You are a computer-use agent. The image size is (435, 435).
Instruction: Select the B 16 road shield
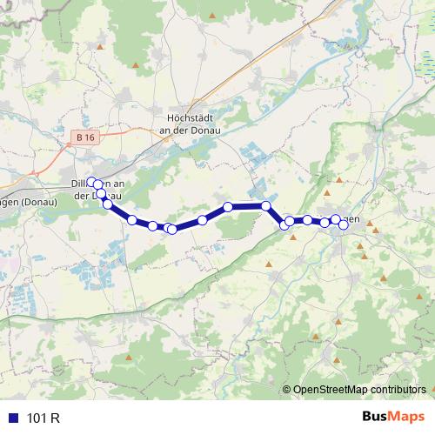pos(85,137)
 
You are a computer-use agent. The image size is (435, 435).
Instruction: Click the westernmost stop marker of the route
pos(90,182)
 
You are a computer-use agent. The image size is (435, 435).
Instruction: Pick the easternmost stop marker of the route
pos(344,224)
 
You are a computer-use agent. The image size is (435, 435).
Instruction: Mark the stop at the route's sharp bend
pos(266,205)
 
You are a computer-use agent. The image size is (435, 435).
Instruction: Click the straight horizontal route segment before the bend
pos(247,206)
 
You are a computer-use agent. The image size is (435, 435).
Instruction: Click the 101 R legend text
pos(43,418)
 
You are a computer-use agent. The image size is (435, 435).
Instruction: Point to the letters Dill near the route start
pos(79,184)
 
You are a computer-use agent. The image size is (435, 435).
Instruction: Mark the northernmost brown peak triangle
pos(136,65)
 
